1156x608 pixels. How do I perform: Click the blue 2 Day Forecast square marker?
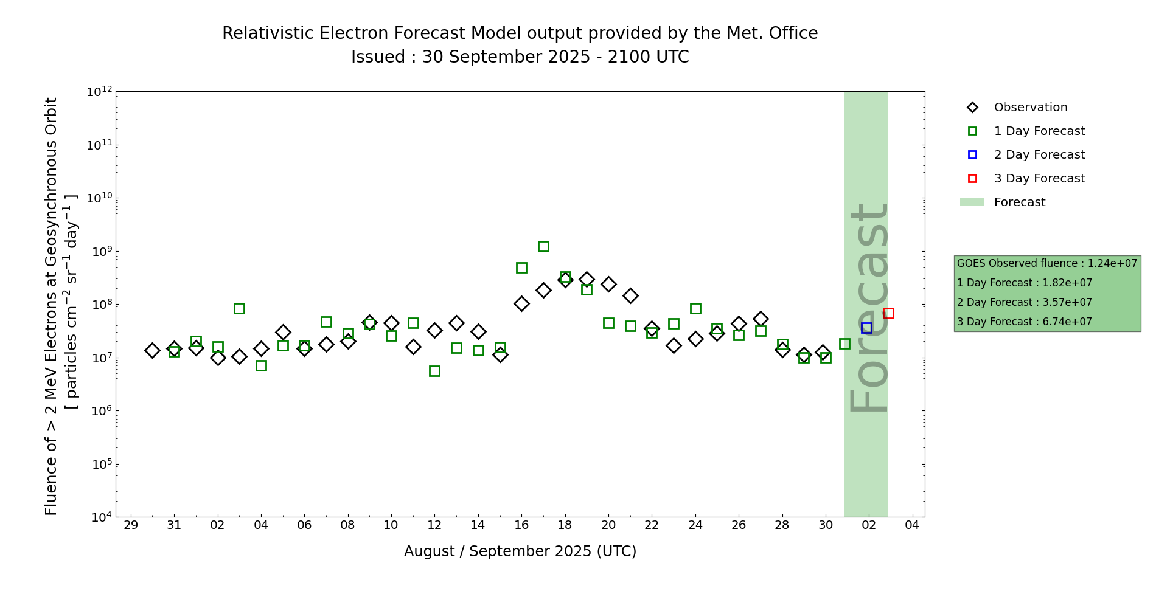tap(866, 328)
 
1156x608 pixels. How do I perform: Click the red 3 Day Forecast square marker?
tap(888, 313)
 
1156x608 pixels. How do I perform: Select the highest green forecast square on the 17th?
tap(543, 246)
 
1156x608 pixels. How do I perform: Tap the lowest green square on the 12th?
tap(434, 371)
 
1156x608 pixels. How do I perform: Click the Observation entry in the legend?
tap(1030, 108)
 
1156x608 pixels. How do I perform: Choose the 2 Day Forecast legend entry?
tap(1039, 155)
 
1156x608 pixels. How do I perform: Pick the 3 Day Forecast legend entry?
tap(1039, 179)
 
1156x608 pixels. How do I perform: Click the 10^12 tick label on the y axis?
tap(99, 92)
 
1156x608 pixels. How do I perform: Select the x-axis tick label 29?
tap(131, 525)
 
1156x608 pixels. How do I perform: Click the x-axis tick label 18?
tap(565, 525)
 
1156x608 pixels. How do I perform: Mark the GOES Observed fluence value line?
tap(1046, 264)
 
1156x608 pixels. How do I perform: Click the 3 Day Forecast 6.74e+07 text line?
tap(1025, 322)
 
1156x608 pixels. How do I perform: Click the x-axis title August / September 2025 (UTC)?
tap(520, 551)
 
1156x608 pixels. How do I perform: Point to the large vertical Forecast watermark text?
tap(868, 307)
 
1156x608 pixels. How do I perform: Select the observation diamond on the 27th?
tap(761, 319)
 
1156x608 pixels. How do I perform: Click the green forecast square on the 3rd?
tap(239, 308)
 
